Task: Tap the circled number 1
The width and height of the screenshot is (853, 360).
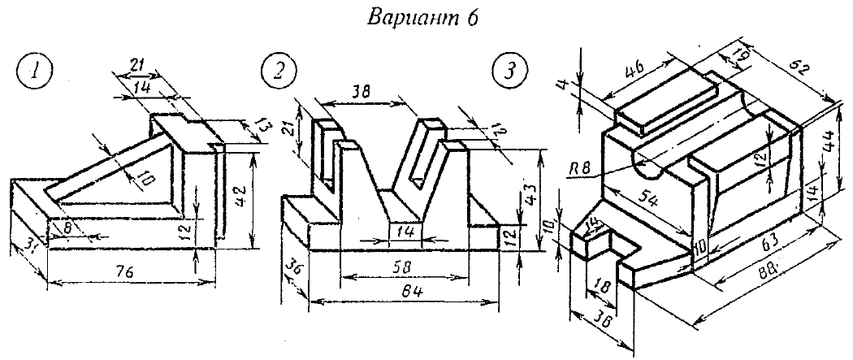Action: pos(32,72)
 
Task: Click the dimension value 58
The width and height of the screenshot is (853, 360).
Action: pos(402,264)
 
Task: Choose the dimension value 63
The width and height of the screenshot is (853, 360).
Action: pos(768,243)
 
